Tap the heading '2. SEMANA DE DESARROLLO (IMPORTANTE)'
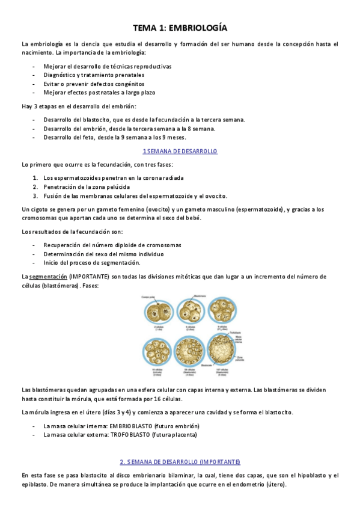180,461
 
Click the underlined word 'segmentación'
48,277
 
